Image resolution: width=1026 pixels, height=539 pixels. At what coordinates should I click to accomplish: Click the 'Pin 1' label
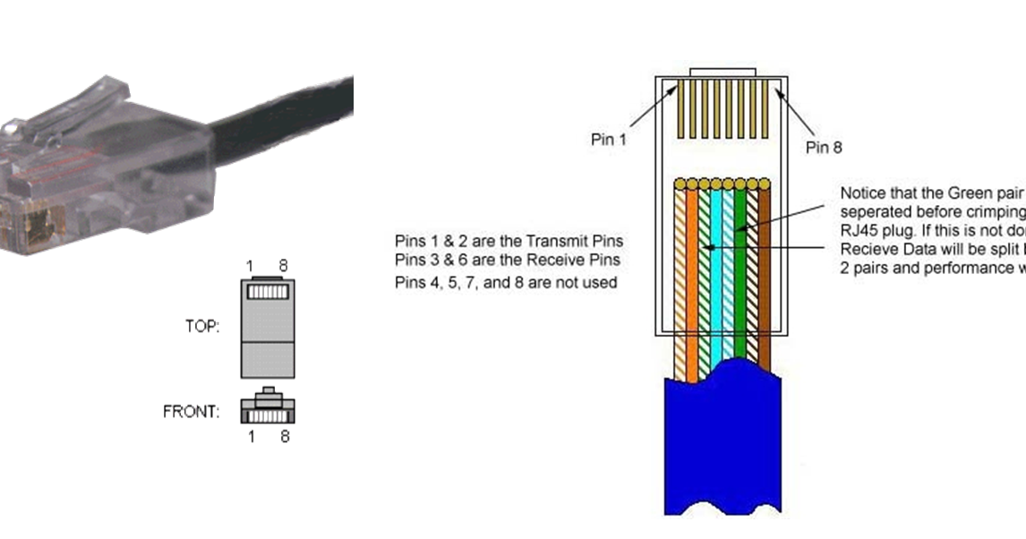610,139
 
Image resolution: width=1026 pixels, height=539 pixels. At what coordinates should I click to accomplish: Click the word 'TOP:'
202,327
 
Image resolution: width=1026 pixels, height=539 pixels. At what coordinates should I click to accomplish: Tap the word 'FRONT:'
191,413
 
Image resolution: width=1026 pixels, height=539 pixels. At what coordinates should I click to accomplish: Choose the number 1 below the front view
252,437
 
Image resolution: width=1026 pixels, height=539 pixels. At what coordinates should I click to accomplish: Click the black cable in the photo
286,116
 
